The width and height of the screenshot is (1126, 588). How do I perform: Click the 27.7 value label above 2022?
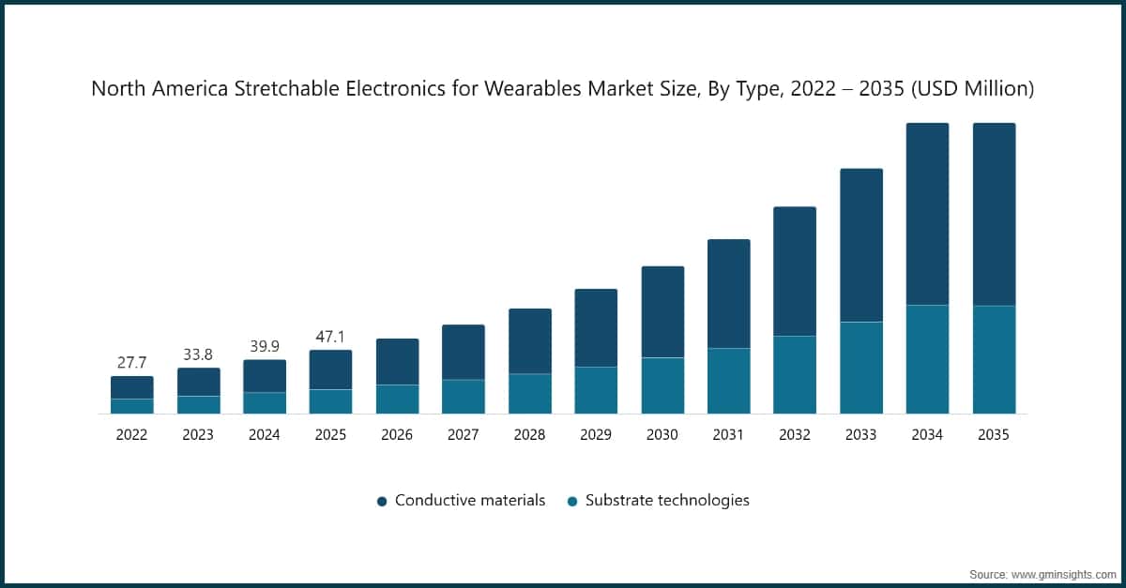131,362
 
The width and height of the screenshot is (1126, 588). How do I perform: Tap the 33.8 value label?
198,354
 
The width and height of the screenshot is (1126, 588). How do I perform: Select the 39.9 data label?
264,345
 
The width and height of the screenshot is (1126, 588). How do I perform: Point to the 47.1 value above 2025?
330,336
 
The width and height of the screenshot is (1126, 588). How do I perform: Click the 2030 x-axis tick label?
662,435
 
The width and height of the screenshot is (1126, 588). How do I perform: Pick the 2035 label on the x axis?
993,435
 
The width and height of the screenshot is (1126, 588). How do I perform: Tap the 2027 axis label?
463,435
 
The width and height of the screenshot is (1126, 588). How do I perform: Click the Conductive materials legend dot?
382,502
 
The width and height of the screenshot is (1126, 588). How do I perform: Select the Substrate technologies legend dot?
572,502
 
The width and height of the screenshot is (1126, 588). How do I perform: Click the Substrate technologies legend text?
667,501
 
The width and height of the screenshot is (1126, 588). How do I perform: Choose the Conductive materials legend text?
469,501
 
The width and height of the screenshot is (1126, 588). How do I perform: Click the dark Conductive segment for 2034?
926,214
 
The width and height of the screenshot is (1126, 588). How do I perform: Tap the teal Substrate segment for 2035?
993,359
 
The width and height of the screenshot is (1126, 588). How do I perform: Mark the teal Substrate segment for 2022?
131,406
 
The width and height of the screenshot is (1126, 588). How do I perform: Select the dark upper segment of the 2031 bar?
728,294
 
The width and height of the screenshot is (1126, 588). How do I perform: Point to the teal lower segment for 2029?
596,390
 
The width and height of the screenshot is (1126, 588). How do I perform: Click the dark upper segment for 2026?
397,361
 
